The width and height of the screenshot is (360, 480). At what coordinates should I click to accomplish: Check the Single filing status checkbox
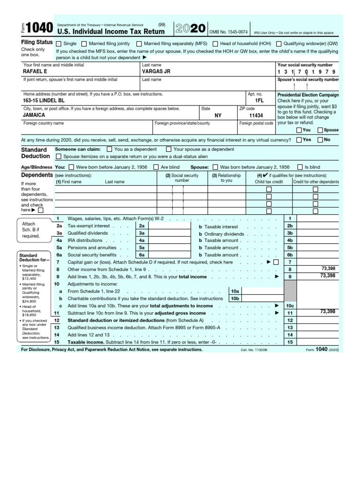coord(59,44)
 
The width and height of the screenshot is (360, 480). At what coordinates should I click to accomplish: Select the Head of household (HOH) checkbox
coord(215,44)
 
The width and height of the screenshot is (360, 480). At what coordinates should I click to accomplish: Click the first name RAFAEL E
coord(35,72)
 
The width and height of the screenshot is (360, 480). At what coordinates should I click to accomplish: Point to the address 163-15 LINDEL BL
coord(45,101)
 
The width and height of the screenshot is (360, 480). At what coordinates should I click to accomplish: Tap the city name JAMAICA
coord(34,115)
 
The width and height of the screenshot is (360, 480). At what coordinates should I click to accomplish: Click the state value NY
coord(218,115)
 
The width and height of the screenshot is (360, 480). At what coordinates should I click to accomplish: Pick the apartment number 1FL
coord(259,101)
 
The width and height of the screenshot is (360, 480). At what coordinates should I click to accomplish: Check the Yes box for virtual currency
coord(299,140)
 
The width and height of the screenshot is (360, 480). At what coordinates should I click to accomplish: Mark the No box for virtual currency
coord(320,140)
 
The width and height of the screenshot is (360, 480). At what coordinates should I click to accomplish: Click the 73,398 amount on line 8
coord(328,269)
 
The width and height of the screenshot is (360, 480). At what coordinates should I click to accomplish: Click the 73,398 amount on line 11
coord(328,311)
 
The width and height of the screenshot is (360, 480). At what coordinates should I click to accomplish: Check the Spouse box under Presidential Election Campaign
coord(320,130)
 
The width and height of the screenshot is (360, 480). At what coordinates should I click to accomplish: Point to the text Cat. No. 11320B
coord(253,350)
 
